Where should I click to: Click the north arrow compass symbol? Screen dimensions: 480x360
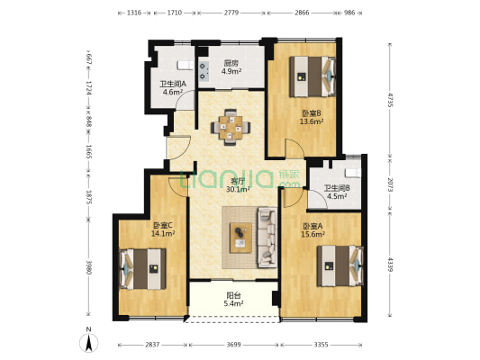click(89, 343)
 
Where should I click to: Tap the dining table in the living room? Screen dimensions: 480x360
click(231, 127)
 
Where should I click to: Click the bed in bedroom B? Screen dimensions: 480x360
click(312, 76)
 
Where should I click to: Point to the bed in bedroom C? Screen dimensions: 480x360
click(142, 269)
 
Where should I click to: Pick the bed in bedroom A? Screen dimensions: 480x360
click(340, 265)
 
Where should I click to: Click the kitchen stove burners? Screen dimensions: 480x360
click(204, 71)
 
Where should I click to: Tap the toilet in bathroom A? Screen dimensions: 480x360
click(185, 66)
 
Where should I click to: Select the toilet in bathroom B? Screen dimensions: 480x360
click(353, 173)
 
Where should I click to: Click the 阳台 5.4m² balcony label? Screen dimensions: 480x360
click(235, 300)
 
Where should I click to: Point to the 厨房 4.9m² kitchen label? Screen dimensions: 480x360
click(231, 67)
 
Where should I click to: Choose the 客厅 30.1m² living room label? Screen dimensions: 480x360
click(238, 185)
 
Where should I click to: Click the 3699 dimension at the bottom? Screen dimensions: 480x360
click(233, 345)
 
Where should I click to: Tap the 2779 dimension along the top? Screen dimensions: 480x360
click(231, 13)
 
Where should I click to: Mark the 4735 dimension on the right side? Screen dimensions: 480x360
click(390, 99)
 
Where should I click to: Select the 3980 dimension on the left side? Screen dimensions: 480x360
click(88, 267)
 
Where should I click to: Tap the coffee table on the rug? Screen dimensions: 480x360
click(241, 238)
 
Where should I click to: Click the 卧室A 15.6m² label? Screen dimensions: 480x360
click(312, 230)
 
